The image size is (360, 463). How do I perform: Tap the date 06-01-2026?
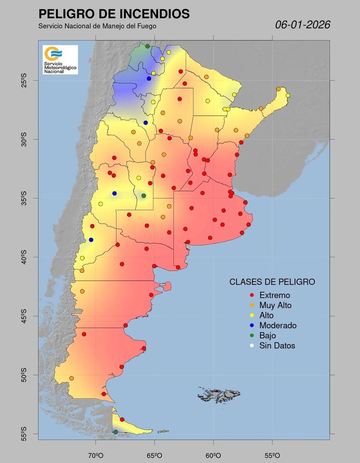[303, 25]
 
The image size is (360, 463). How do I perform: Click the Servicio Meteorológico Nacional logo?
[60, 60]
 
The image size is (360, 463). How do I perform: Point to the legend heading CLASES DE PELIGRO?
[272, 281]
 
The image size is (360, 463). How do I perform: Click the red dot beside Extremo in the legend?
[251, 295]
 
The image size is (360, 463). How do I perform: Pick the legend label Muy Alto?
[275, 305]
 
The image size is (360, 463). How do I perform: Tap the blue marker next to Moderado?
[251, 326]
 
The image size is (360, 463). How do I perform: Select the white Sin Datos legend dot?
[251, 346]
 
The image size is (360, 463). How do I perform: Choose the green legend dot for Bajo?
[251, 336]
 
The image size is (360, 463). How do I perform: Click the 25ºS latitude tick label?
[23, 81]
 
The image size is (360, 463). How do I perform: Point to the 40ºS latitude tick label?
[23, 257]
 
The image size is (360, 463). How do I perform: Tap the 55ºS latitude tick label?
[23, 434]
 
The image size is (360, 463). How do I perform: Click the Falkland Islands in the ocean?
[219, 394]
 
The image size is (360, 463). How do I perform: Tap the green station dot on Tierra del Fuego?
[116, 432]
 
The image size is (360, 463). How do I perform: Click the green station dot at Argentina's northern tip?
[147, 46]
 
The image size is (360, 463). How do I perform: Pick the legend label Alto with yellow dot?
[266, 315]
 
